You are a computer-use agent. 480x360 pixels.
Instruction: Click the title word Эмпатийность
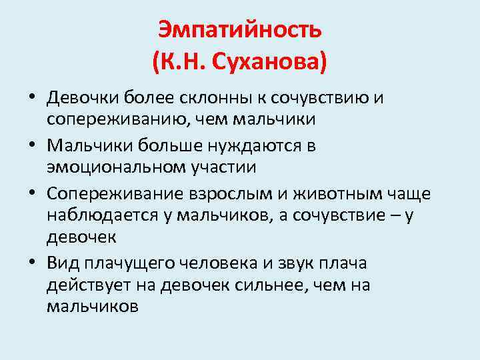click(240, 29)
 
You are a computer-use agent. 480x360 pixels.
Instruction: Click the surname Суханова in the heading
click(265, 63)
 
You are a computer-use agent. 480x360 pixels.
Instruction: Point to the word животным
click(339, 193)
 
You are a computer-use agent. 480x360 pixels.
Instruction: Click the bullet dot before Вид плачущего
click(32, 263)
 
